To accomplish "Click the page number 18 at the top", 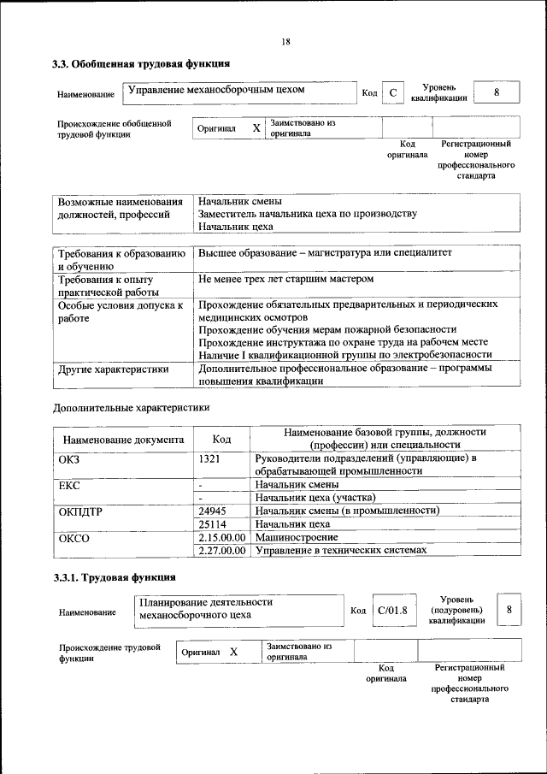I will (285, 42).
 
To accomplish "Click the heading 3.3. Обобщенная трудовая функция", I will (141, 63).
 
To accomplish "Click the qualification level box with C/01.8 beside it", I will (509, 610).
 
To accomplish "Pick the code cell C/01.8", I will (392, 611).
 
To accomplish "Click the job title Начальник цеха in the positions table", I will (235, 227).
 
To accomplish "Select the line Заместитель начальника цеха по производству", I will (307, 214).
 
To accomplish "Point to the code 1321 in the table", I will (210, 458).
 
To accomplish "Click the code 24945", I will (212, 511).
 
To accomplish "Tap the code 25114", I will (212, 523).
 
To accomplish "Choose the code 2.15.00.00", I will (222, 537).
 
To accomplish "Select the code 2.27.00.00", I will (222, 550).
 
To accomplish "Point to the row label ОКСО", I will (74, 538).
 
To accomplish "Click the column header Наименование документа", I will (123, 440).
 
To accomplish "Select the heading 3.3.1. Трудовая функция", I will (115, 577).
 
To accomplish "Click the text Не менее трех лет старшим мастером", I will (285, 279).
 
